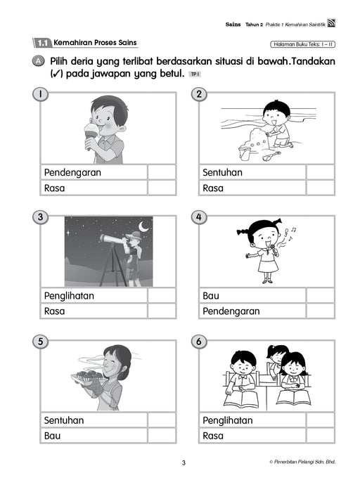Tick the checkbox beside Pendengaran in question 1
tap(162, 172)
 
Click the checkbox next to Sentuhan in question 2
tap(320, 172)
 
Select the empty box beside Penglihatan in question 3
tap(162, 296)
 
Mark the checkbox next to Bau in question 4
tap(320, 296)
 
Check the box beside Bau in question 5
tap(162, 436)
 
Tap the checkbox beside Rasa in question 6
tap(320, 436)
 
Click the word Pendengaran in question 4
tap(231, 311)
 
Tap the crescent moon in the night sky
tap(144, 227)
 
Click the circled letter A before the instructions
tap(38, 62)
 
